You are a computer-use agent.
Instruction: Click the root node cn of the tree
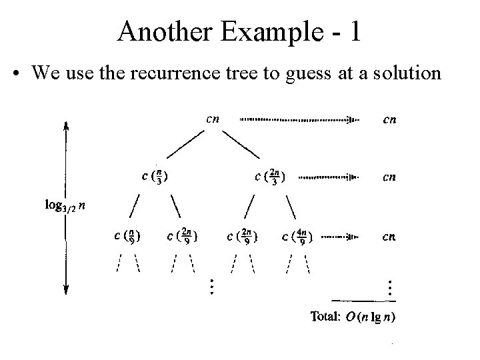tap(213, 119)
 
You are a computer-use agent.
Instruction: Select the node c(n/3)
tap(155, 177)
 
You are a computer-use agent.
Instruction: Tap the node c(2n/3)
tap(270, 177)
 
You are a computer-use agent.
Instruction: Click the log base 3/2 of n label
tap(65, 205)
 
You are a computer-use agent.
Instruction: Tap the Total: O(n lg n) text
tap(353, 317)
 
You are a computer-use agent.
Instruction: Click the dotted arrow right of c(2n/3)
tap(327, 177)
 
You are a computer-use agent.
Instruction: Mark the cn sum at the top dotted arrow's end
tap(390, 120)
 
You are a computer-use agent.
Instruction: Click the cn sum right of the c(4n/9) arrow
tap(390, 236)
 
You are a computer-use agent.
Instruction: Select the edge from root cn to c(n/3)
tap(185, 144)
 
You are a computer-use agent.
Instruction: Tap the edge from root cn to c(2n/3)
tap(241, 144)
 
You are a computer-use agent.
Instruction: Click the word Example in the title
tap(260, 31)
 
